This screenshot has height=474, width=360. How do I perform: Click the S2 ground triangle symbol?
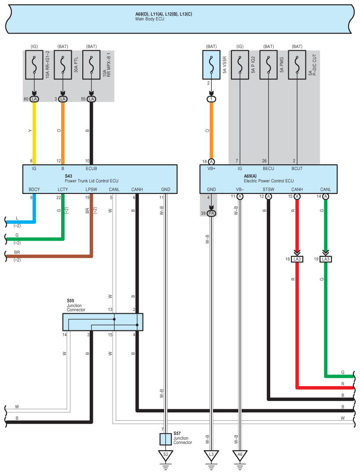(165, 455)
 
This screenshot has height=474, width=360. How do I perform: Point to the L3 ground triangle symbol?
(211, 455)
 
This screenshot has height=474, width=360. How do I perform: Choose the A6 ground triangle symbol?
(240, 455)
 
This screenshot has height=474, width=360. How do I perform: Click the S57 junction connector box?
(165, 439)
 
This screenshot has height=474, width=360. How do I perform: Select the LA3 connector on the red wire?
(297, 259)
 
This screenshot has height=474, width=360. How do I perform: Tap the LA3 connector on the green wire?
(326, 259)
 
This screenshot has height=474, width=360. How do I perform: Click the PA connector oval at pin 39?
(211, 213)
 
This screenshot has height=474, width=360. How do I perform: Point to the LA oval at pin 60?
(34, 99)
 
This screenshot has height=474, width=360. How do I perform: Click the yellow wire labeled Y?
(34, 132)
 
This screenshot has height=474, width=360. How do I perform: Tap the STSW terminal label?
(268, 189)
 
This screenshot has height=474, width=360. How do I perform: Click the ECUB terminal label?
(92, 168)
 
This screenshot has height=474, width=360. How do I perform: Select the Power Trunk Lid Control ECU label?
(92, 181)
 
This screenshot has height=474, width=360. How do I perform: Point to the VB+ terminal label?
(212, 168)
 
